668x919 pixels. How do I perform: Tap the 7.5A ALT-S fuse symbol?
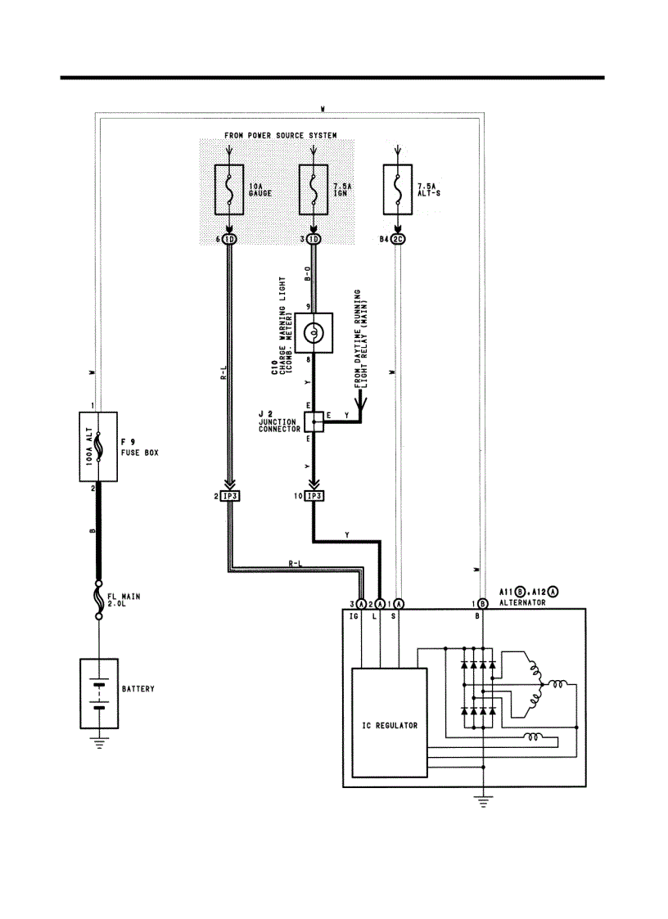click(x=397, y=190)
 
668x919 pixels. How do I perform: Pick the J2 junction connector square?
click(x=314, y=421)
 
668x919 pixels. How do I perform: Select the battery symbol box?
click(x=98, y=692)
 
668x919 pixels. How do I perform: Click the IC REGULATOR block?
click(x=389, y=723)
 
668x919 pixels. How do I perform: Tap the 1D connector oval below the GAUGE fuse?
click(x=229, y=240)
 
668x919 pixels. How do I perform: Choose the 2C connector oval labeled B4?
click(x=398, y=240)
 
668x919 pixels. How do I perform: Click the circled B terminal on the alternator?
click(x=484, y=603)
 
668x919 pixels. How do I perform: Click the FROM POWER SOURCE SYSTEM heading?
click(x=280, y=135)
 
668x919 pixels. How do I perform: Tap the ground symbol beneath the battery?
click(x=98, y=742)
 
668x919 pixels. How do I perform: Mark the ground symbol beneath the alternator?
click(x=484, y=801)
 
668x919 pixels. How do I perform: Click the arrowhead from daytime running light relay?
click(x=359, y=402)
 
